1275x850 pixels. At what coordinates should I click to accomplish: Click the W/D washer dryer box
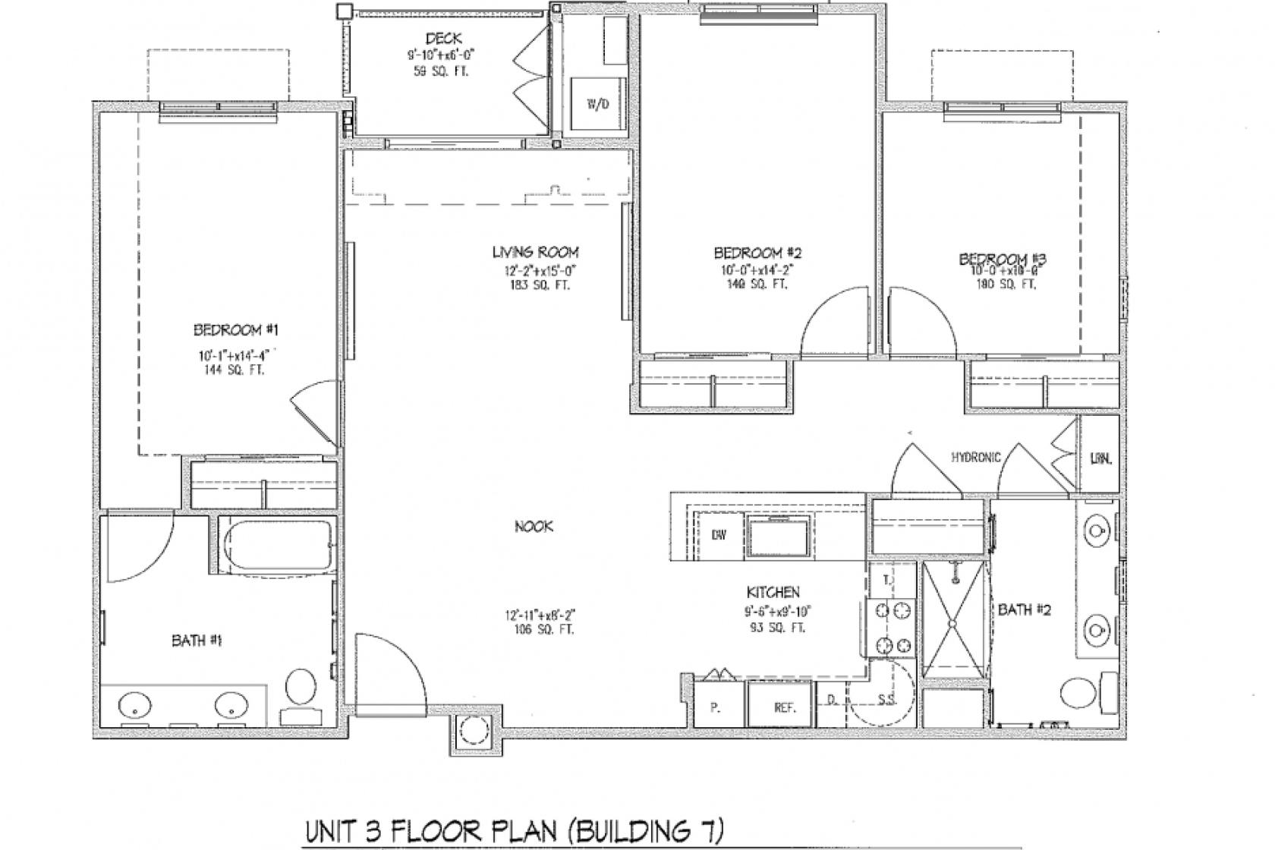click(x=598, y=104)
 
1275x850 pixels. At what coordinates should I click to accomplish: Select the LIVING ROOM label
click(x=535, y=252)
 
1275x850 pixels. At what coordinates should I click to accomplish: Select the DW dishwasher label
click(x=719, y=535)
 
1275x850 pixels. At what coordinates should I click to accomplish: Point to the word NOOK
click(x=534, y=526)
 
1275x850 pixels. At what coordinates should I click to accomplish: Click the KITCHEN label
click(x=773, y=592)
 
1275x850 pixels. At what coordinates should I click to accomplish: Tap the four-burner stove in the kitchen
click(x=893, y=628)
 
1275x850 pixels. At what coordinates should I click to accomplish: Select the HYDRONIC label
click(x=977, y=457)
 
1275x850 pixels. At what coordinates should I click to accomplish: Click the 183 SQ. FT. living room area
click(x=535, y=285)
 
